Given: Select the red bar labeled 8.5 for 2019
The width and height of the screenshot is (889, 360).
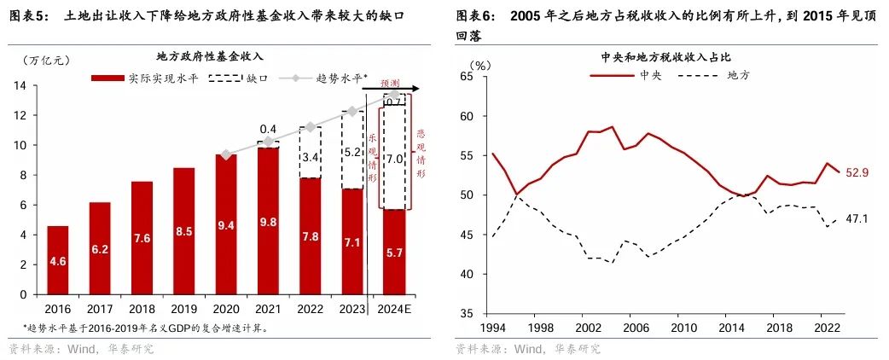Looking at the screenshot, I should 183,230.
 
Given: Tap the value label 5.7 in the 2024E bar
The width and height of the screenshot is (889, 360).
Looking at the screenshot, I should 393,277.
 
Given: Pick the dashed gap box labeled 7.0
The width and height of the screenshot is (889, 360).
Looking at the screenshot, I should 393,158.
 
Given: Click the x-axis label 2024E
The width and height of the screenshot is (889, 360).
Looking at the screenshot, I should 393,307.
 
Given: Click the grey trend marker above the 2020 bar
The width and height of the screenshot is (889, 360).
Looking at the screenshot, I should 225,154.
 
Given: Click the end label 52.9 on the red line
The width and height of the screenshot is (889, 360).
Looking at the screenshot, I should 857,172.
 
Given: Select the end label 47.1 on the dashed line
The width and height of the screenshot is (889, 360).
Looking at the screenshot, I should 857,218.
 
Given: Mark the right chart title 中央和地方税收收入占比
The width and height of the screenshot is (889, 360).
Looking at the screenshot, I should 666,57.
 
